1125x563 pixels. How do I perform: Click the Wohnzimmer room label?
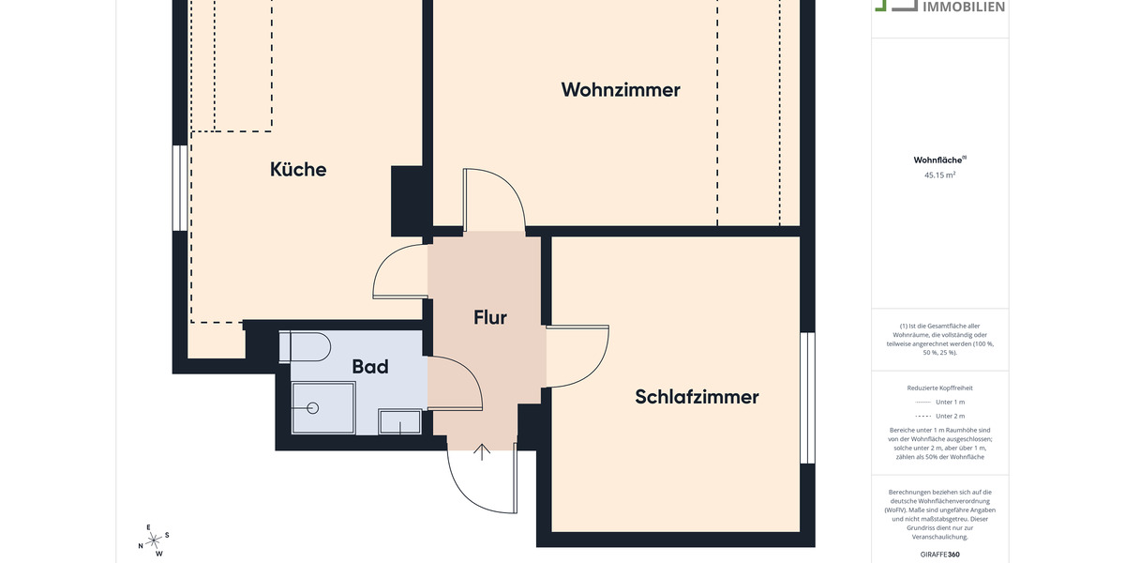(621, 90)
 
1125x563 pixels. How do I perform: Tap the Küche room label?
(298, 169)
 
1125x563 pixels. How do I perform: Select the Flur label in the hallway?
(489, 317)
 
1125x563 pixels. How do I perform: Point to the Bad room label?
(370, 367)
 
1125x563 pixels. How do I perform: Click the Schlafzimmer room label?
(697, 397)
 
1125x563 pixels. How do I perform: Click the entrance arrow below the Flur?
(482, 451)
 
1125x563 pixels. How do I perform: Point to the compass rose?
(154, 540)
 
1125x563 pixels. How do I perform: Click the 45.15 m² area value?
(939, 175)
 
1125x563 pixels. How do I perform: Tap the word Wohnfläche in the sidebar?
(937, 160)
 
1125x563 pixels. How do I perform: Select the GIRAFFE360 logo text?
(939, 555)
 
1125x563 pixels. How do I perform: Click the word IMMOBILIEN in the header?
(964, 8)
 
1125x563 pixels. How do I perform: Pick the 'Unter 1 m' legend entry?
(939, 402)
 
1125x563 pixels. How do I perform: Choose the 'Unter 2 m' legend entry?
(939, 416)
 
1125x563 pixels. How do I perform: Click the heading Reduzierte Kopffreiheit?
(939, 388)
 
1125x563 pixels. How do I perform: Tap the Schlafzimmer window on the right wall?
(807, 398)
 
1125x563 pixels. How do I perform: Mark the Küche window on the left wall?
(179, 188)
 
